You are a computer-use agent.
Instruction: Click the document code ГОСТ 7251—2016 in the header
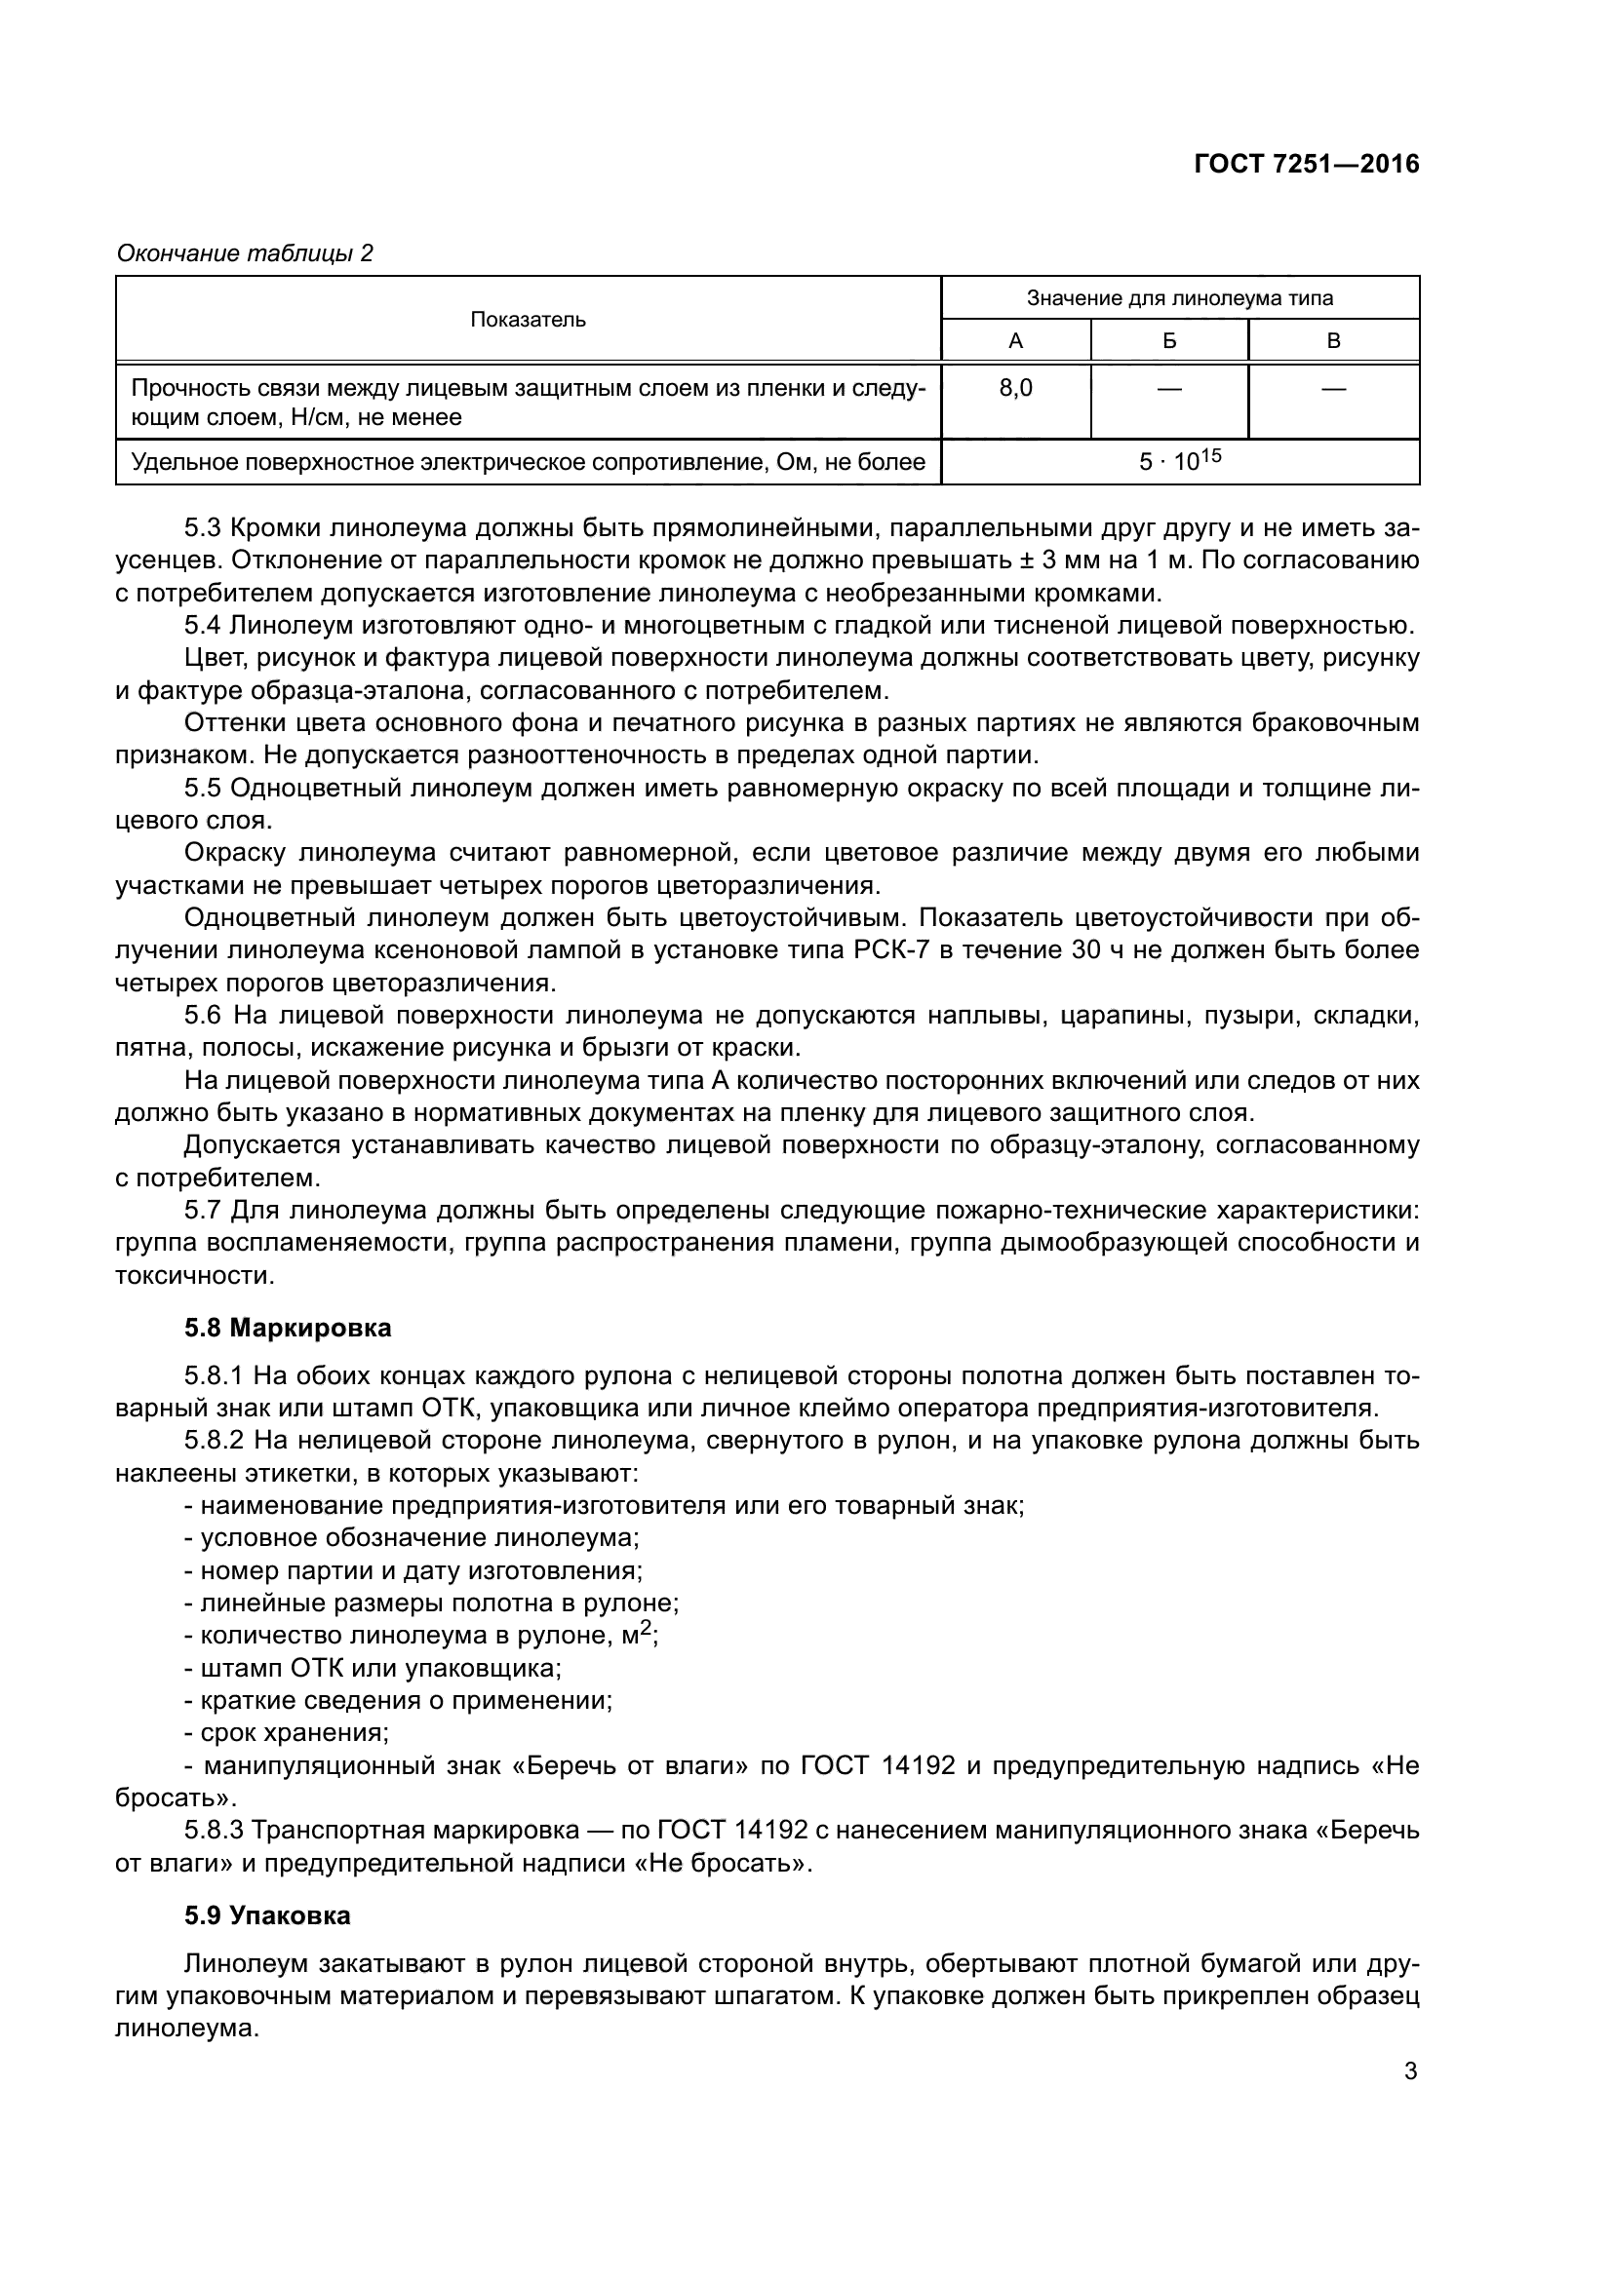[x=1306, y=165]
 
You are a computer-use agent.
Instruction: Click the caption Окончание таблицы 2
[x=245, y=254]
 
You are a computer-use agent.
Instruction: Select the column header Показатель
[x=528, y=320]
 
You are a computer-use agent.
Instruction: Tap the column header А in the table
[x=1015, y=341]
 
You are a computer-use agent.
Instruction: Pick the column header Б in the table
[x=1169, y=341]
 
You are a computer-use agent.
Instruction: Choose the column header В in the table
[x=1333, y=341]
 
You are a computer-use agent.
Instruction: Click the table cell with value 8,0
[x=1015, y=388]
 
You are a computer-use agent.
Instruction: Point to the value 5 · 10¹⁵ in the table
[x=1180, y=462]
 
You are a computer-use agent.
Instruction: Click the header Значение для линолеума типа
[x=1179, y=298]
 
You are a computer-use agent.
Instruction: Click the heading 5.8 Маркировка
[x=288, y=1328]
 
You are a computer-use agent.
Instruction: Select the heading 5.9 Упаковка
[x=267, y=1915]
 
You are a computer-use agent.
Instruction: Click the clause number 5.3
[x=204, y=528]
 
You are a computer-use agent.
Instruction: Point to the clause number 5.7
[x=204, y=1211]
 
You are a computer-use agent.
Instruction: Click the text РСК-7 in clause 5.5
[x=890, y=950]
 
